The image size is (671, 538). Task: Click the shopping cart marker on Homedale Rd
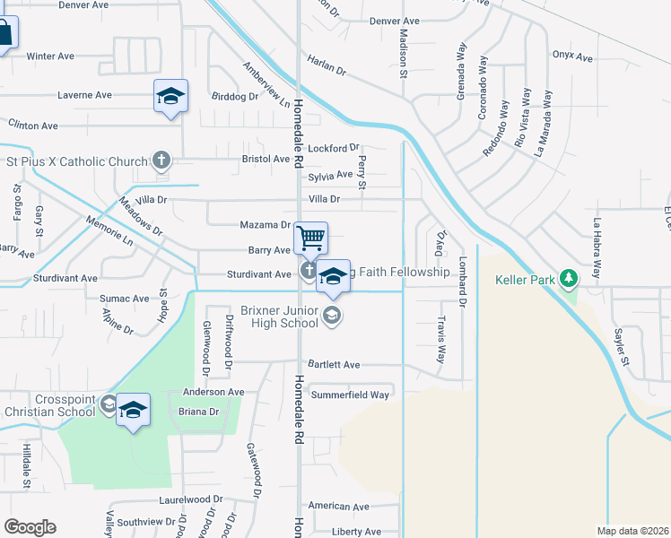(x=310, y=239)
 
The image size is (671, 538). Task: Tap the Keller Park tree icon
(x=568, y=279)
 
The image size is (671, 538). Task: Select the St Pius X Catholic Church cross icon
(x=161, y=161)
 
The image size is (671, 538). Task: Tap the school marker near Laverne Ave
(x=170, y=96)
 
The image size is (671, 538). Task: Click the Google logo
(x=30, y=527)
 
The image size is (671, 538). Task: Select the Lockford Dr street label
(x=334, y=148)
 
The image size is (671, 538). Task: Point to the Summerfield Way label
(x=350, y=395)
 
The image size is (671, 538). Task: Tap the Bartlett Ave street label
(x=333, y=365)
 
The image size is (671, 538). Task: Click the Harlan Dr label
(x=327, y=64)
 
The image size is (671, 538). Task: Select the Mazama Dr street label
(x=266, y=225)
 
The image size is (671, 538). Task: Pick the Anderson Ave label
(x=213, y=392)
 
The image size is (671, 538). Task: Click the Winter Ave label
(x=50, y=56)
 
